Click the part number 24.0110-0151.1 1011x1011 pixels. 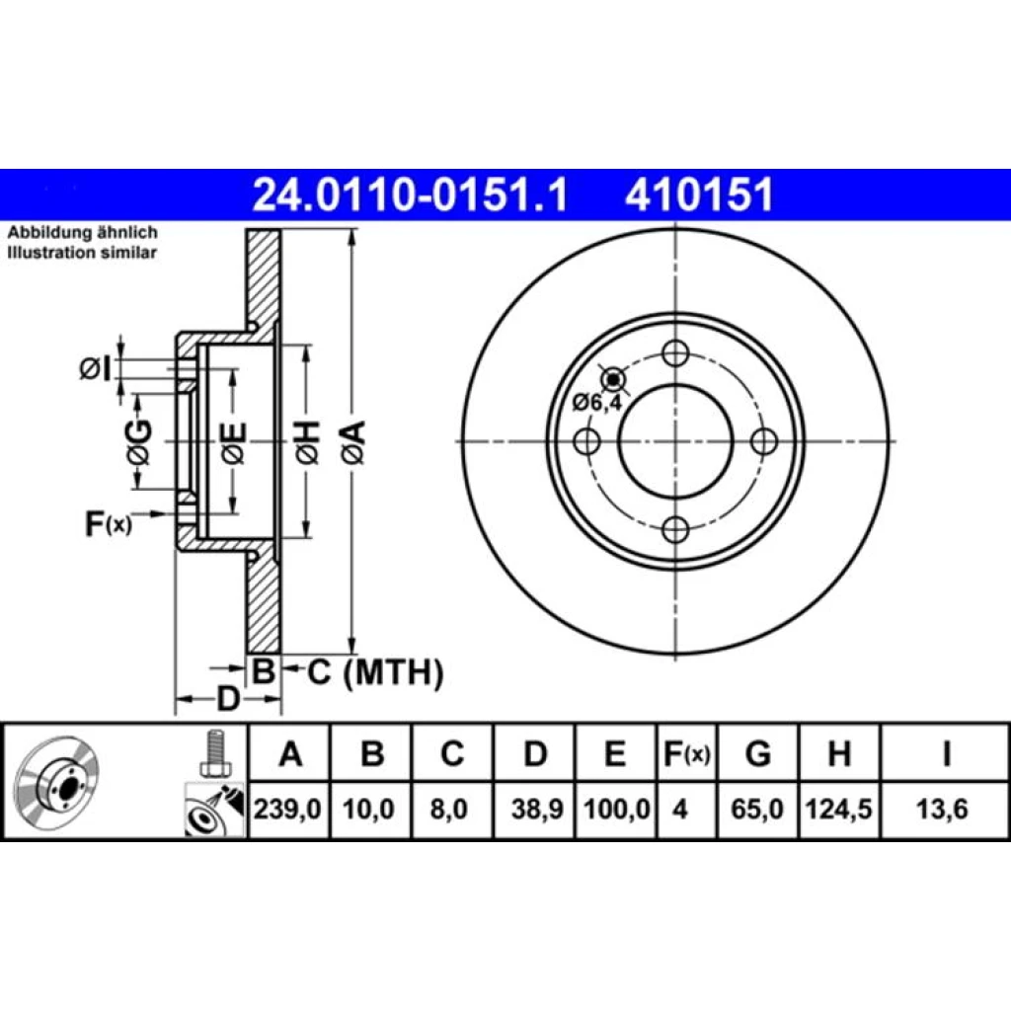point(410,194)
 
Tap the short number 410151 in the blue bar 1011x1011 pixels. point(699,194)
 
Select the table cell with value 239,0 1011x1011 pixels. point(287,809)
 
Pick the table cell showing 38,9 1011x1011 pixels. point(536,809)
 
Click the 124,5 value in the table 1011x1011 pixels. point(839,809)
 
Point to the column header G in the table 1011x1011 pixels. point(757,753)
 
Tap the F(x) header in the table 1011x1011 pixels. point(687,753)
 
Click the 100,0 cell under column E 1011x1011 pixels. point(616,809)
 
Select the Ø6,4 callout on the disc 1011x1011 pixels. point(597,403)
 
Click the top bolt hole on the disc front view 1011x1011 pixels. point(675,354)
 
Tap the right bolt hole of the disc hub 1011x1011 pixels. point(765,441)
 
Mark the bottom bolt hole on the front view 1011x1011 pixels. point(675,530)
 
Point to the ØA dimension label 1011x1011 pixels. point(354,442)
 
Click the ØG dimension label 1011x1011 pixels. point(139,443)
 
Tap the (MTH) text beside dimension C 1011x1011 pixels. point(393,672)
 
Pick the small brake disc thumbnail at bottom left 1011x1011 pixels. point(56,782)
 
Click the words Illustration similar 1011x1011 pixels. point(82,252)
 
